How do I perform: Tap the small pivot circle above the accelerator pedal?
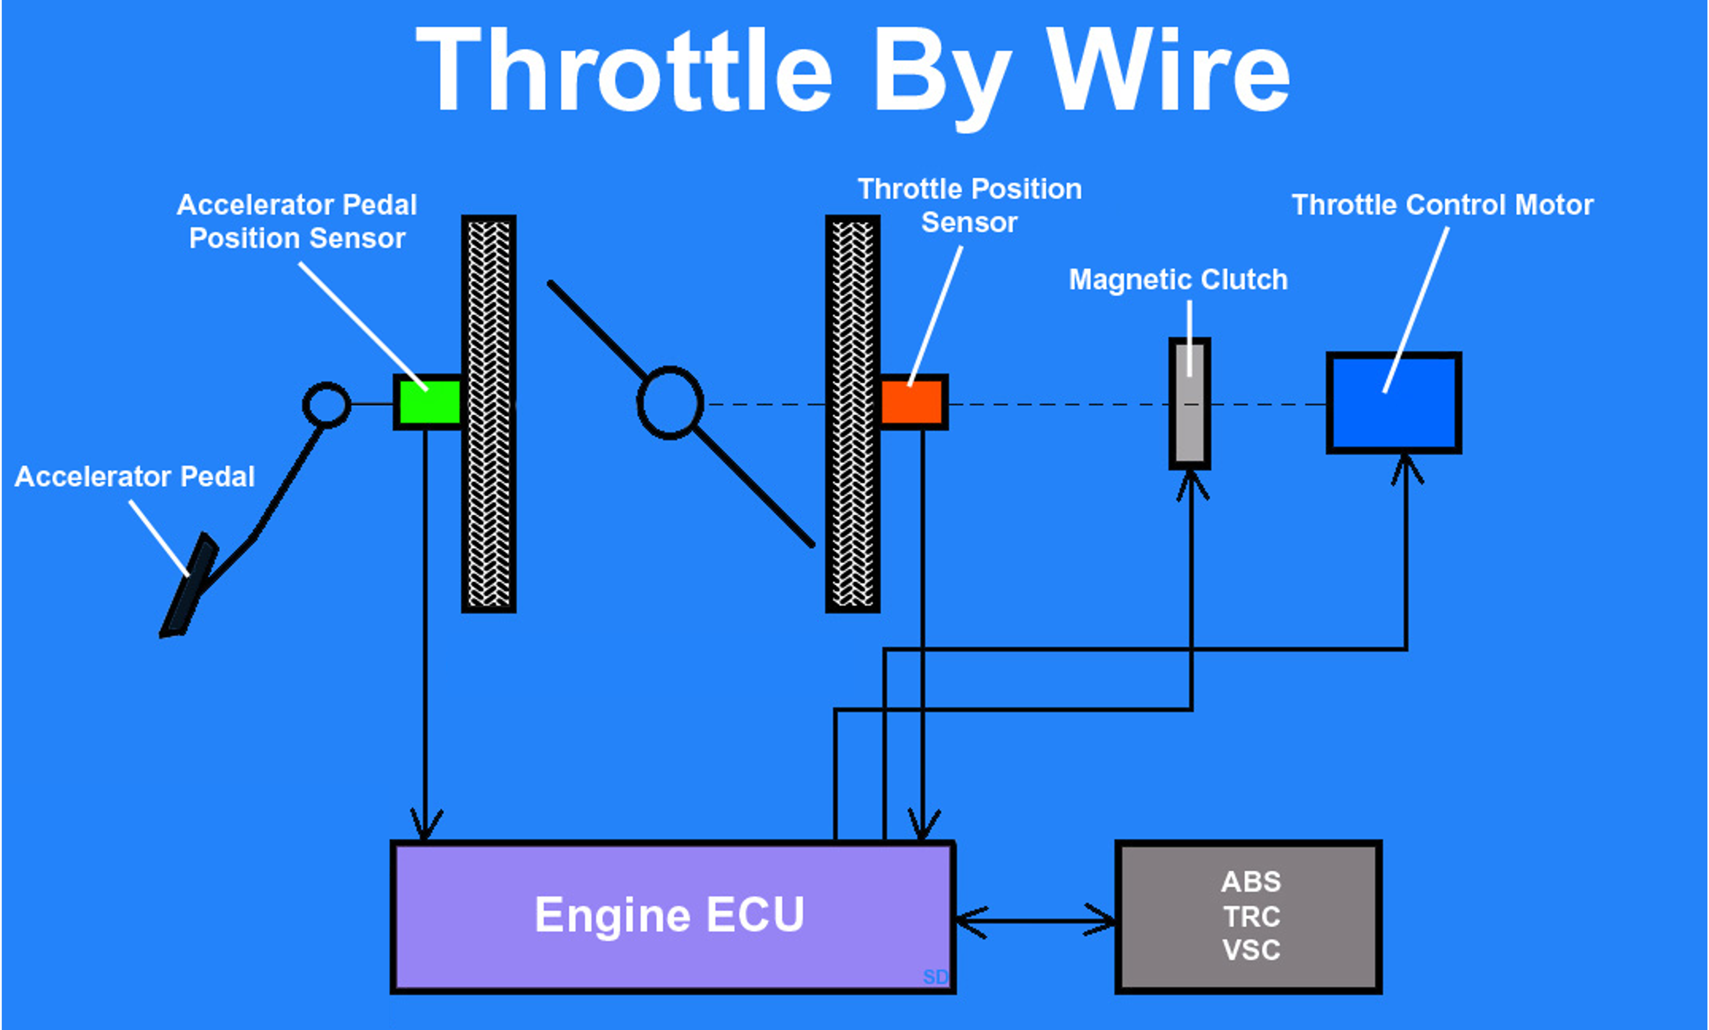pyautogui.click(x=326, y=405)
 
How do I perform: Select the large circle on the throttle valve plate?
pyautogui.click(x=670, y=403)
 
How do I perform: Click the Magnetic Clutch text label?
pyautogui.click(x=1178, y=280)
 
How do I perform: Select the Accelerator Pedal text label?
pyautogui.click(x=134, y=477)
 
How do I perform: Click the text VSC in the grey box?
pyautogui.click(x=1251, y=950)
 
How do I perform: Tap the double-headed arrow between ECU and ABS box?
pyautogui.click(x=1035, y=921)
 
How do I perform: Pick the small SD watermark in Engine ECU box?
pyautogui.click(x=934, y=977)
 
